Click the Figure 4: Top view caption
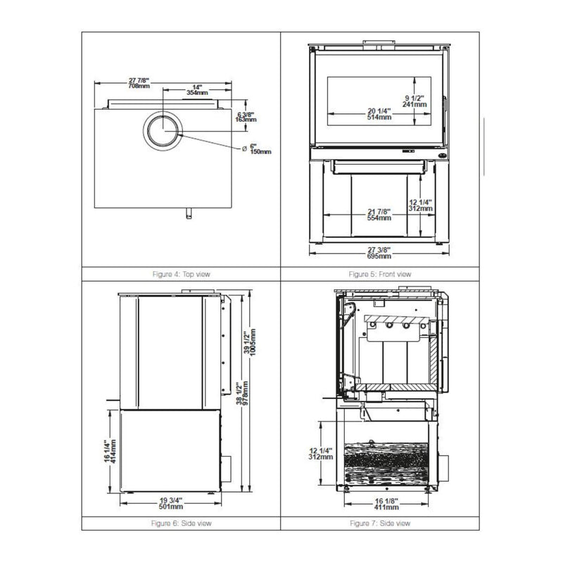point(181,274)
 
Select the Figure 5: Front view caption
point(381,274)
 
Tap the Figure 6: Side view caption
point(181,524)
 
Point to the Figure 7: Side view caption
point(381,524)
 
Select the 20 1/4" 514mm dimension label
point(380,113)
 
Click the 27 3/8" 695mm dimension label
point(379,251)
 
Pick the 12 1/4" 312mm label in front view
point(419,205)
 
